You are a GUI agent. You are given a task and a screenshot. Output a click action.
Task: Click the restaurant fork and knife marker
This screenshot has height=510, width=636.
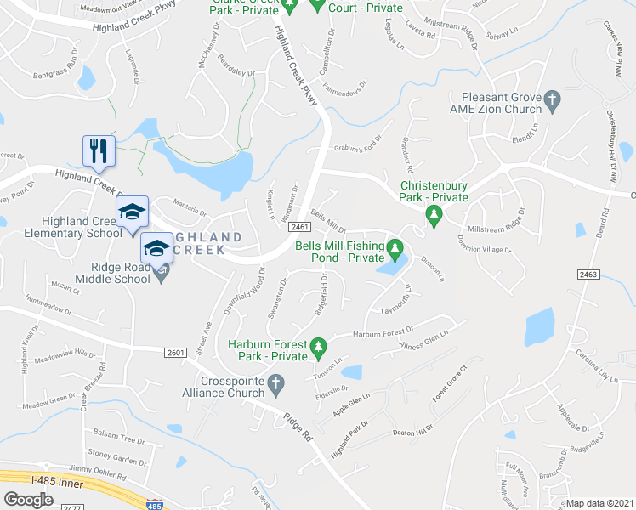click(x=98, y=150)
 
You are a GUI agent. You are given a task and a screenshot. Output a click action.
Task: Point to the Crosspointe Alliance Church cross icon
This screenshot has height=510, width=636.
click(x=275, y=384)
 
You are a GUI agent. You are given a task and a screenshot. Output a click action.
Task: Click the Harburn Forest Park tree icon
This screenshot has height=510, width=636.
click(x=318, y=347)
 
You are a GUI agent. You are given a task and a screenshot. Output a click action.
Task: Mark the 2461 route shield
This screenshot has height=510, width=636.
click(x=298, y=227)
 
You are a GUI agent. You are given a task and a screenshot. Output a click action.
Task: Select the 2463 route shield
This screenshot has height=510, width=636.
click(x=588, y=274)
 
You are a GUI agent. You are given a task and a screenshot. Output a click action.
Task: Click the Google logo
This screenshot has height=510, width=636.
click(x=28, y=499)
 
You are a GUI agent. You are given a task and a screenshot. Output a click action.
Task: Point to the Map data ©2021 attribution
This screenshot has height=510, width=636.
click(x=599, y=503)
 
